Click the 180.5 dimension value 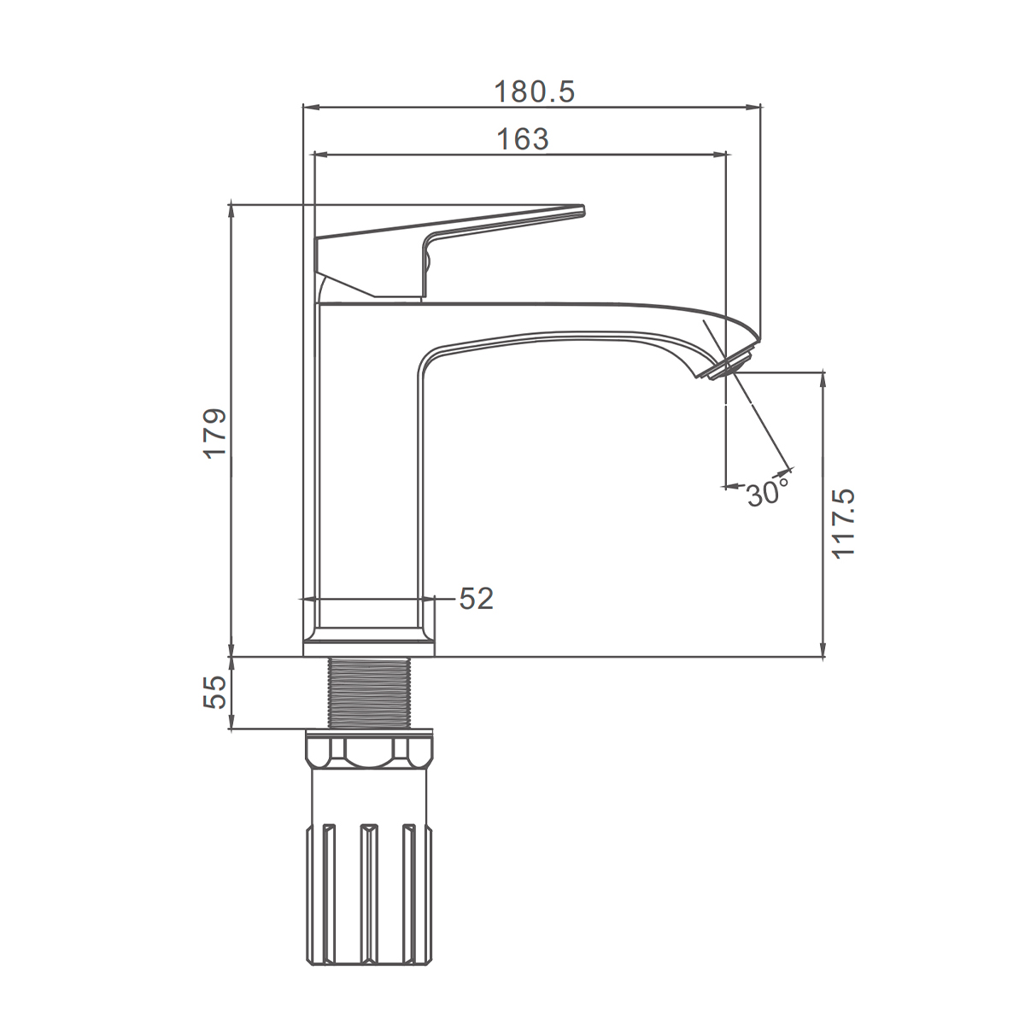point(535,91)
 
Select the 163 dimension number point(523,139)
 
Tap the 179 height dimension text point(215,433)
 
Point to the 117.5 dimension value point(842,524)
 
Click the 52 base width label point(476,599)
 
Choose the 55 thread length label point(215,692)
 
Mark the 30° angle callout point(768,493)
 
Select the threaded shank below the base point(370,693)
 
